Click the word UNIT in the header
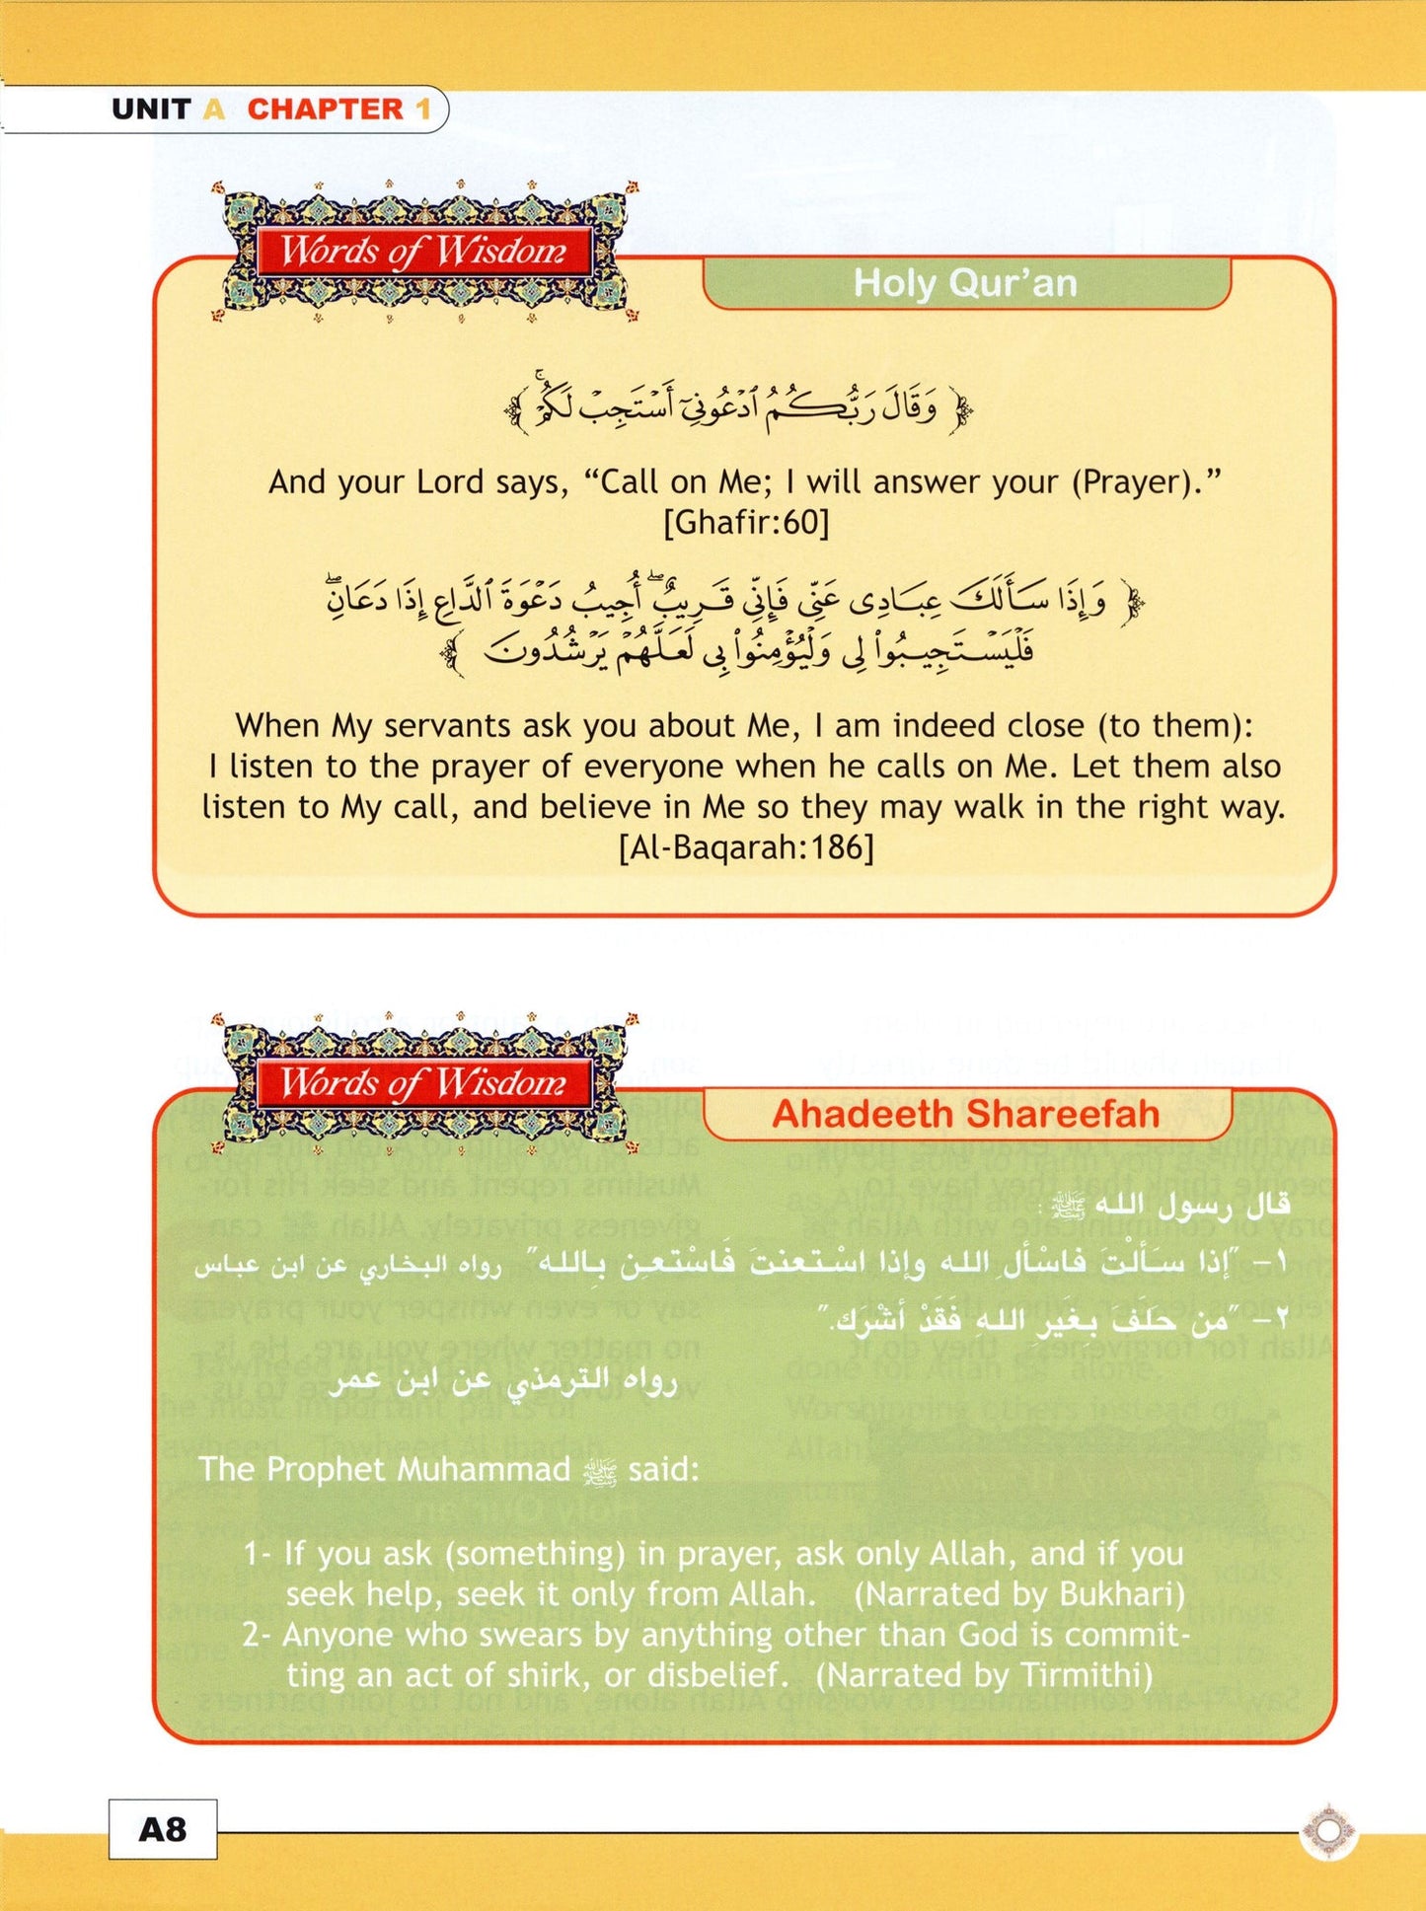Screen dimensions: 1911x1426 (x=150, y=109)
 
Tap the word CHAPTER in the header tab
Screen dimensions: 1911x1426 (x=325, y=109)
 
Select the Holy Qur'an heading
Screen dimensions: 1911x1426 (x=965, y=283)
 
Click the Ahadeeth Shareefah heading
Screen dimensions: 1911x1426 (x=965, y=1114)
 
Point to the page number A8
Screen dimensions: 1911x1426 (x=163, y=1829)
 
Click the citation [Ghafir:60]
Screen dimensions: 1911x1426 (x=746, y=522)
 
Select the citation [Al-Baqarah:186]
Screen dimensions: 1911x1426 (x=746, y=847)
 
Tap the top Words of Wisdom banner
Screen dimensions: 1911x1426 (x=423, y=252)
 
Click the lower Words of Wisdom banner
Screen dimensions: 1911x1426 (x=423, y=1083)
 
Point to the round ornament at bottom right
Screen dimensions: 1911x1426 (x=1328, y=1831)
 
